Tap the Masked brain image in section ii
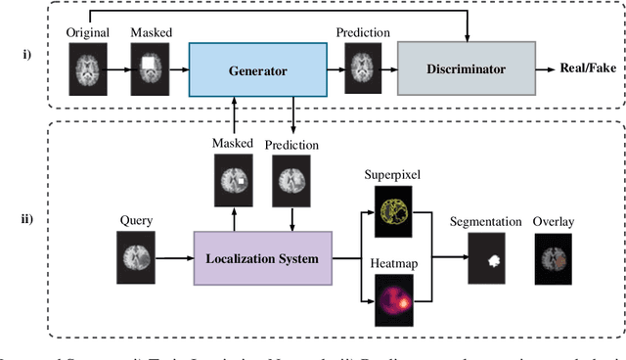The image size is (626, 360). (x=233, y=179)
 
